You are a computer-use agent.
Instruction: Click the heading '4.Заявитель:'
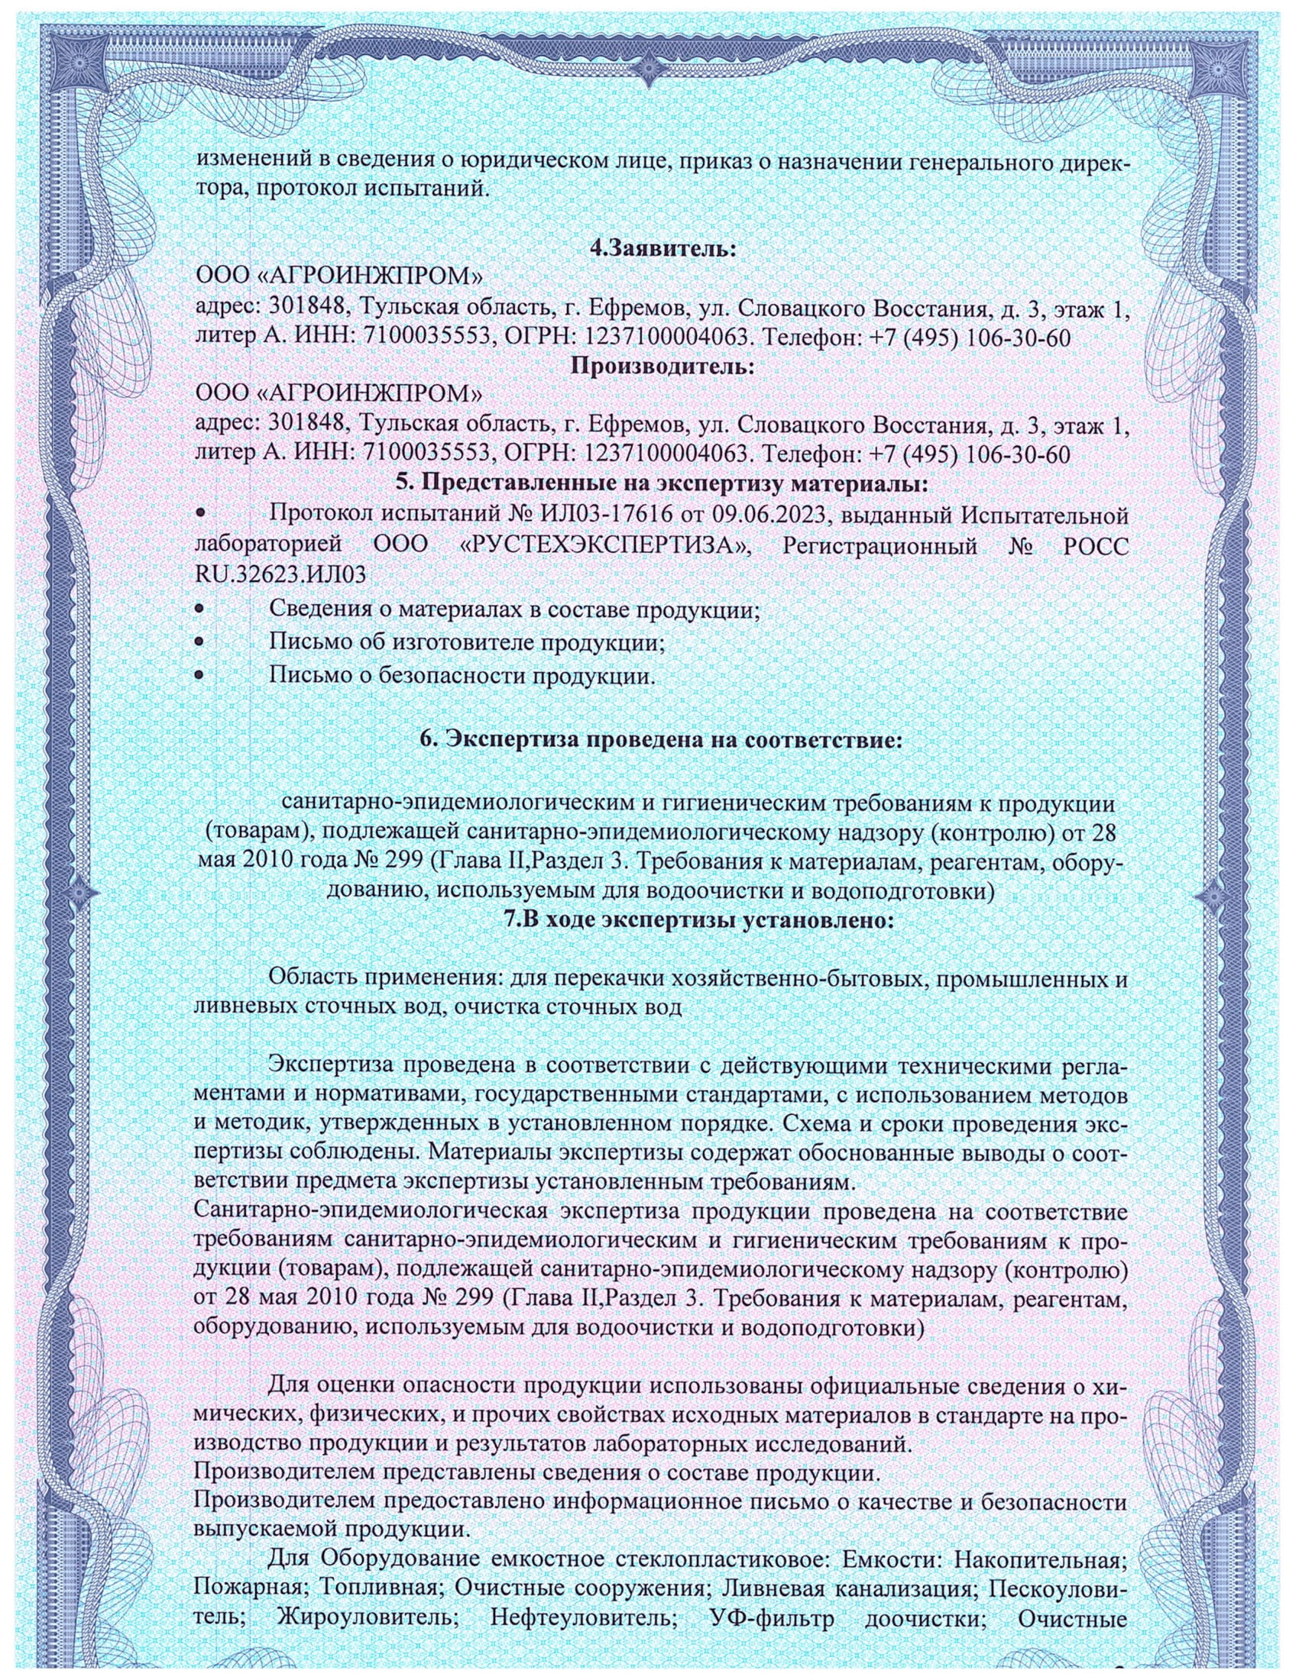[x=662, y=249]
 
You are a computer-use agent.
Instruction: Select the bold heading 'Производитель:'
[x=662, y=366]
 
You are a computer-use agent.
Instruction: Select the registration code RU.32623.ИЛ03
[x=280, y=576]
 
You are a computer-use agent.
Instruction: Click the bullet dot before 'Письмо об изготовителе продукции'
[x=201, y=641]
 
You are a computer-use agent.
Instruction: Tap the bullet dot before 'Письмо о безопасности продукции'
[x=201, y=676]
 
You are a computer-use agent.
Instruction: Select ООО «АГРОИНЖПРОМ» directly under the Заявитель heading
[x=339, y=277]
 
